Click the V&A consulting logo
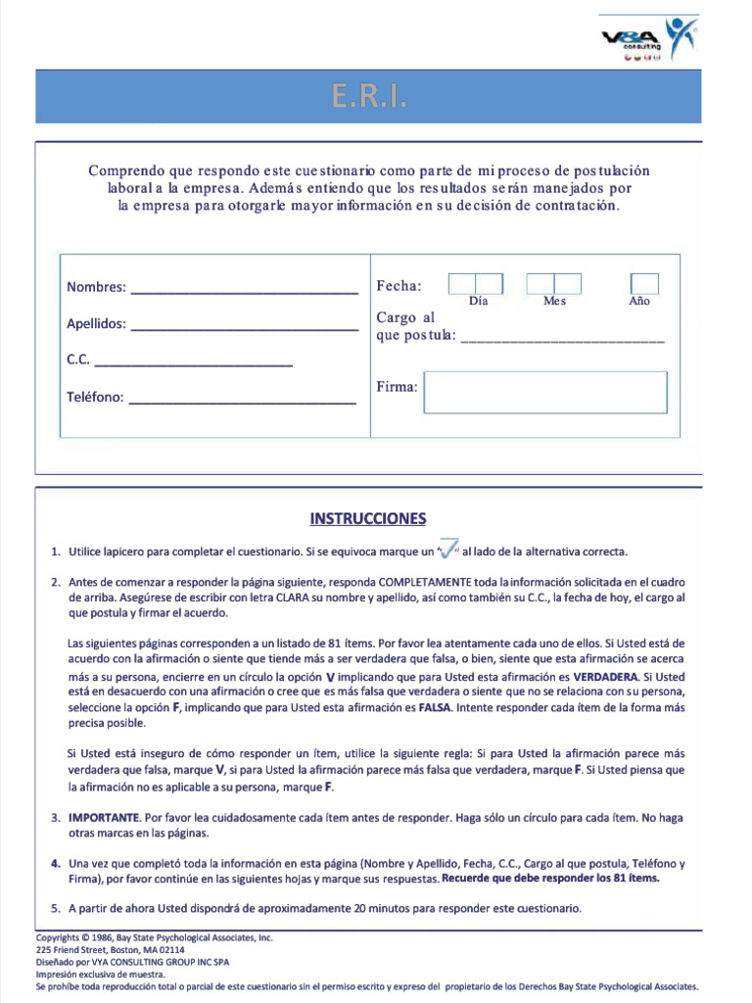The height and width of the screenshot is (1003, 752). click(649, 39)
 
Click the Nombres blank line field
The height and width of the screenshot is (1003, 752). click(244, 288)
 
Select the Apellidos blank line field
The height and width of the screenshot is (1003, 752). click(244, 324)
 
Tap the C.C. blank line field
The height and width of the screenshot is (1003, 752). click(193, 360)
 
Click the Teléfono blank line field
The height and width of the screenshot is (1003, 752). click(242, 398)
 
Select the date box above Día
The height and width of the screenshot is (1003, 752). click(476, 284)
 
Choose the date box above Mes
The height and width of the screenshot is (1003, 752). click(554, 284)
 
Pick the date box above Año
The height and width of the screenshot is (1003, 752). click(644, 284)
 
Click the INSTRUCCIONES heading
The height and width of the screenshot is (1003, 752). click(368, 518)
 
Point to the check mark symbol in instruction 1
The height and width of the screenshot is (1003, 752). click(449, 550)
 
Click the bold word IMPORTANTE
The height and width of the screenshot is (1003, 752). click(104, 817)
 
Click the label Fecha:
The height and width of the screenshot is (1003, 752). click(399, 286)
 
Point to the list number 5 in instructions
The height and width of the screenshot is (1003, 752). click(56, 908)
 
